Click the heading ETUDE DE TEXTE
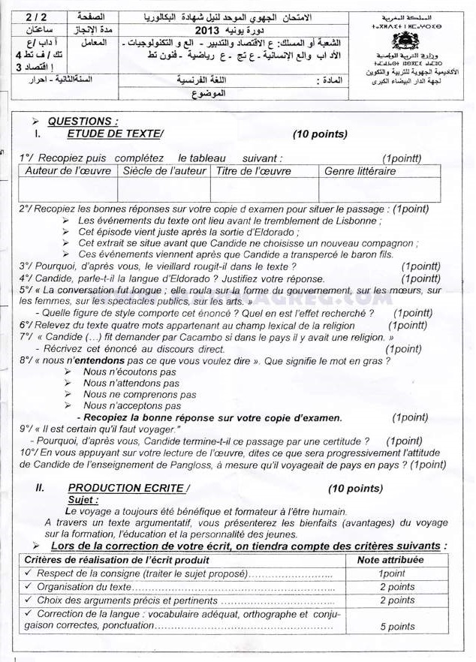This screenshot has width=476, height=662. click(114, 134)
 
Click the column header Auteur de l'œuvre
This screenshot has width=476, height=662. click(68, 171)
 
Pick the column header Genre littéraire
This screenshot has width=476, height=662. click(360, 171)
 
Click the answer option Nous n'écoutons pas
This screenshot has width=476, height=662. click(129, 372)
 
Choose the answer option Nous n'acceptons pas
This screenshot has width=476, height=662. click(131, 405)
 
